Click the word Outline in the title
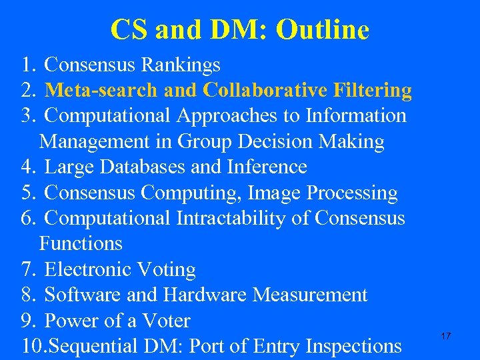tap(322, 29)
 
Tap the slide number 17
tap(446, 336)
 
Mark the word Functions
tap(81, 243)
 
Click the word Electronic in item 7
tap(87, 269)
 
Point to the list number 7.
tap(27, 269)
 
